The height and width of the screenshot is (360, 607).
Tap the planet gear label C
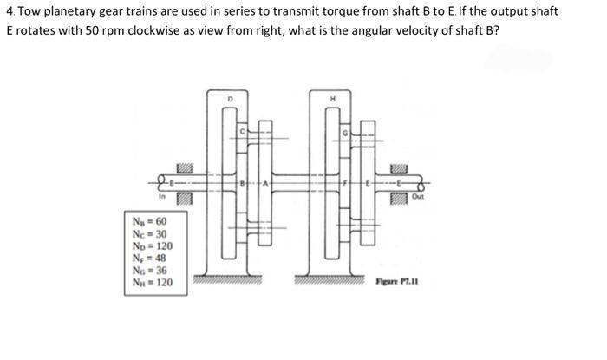click(x=245, y=131)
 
